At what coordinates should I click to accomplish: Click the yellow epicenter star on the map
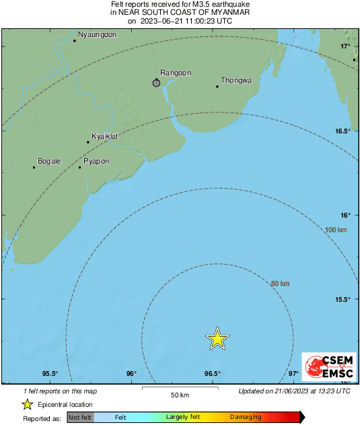[217, 338]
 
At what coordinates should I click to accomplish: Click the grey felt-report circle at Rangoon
[157, 83]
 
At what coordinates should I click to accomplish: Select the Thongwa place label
[236, 80]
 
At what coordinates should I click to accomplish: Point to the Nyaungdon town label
[98, 34]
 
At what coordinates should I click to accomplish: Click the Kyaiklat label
[105, 136]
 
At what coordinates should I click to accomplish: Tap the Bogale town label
[49, 161]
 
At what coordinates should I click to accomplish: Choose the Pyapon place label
[96, 162]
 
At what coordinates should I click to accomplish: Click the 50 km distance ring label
[279, 284]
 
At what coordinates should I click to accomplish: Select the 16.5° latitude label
[343, 131]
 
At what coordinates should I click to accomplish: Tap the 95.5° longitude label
[50, 374]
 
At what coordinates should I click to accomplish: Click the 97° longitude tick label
[293, 374]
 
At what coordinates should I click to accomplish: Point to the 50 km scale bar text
[179, 395]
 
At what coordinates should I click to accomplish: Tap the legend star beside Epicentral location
[28, 404]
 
